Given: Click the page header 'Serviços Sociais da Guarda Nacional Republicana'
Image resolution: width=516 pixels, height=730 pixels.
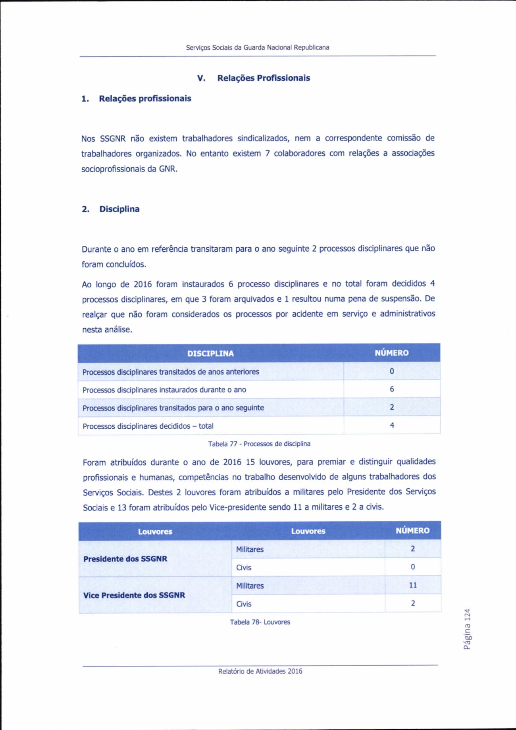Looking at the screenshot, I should coord(258,48).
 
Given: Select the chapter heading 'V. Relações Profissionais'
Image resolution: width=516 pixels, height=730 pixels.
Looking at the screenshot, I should coord(254,78).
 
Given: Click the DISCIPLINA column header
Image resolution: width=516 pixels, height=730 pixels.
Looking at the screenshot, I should coord(210,353).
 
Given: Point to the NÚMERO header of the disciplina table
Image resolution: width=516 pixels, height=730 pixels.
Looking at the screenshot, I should coord(391,353).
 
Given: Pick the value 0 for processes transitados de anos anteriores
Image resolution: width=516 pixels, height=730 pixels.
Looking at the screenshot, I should coord(392,372).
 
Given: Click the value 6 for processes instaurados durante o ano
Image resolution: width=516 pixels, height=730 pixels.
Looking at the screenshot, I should coord(392,389).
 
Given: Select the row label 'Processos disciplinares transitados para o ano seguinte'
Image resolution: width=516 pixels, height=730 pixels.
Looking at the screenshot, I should coord(173,408).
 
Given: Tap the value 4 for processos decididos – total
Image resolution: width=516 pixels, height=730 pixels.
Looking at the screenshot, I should coord(392,426).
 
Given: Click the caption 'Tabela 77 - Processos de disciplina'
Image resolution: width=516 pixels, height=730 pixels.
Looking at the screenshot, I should coord(259,444).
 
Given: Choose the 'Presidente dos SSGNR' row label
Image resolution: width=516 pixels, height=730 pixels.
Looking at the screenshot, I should coord(125,559).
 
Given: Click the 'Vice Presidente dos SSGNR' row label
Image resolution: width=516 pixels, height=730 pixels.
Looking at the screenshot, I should coord(134,595).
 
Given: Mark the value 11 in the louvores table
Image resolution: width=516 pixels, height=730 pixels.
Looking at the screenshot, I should coord(413,586).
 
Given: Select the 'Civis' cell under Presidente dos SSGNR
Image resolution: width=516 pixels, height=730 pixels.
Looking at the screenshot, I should coord(244,568).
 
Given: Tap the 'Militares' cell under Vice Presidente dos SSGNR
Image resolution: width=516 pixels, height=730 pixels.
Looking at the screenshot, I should coord(250,586).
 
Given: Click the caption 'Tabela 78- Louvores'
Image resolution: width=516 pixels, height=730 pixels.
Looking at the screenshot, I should coord(260,622).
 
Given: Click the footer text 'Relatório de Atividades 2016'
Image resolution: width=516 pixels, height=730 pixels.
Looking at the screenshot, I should coord(260,671).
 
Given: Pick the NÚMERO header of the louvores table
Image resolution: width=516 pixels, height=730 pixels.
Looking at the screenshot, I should coord(412,531).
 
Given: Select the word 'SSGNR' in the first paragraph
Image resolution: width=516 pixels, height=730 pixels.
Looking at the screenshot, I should coord(113,139).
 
